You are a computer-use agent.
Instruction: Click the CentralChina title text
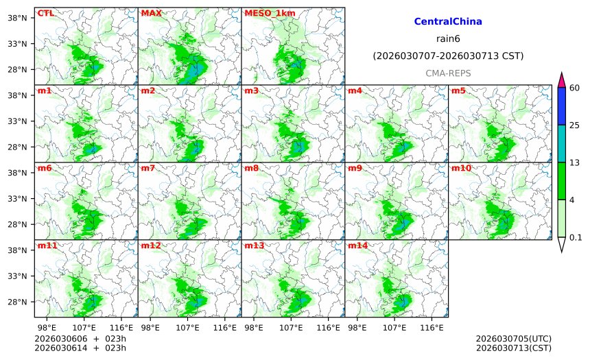pos(448,22)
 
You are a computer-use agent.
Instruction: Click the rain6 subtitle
pos(448,38)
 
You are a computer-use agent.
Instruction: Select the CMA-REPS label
pos(448,73)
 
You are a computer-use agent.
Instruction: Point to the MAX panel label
pos(151,13)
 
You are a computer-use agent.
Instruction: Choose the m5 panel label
pos(458,91)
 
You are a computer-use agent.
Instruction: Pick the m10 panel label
pos(460,168)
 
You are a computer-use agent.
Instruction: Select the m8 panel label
pos(251,168)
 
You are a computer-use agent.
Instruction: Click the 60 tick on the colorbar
pos(576,88)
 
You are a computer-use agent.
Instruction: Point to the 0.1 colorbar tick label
pos(576,237)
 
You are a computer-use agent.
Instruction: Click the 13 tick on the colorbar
pos(576,162)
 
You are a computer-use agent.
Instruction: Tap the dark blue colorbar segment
pos(561,106)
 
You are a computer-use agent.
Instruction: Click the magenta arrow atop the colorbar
pos(561,80)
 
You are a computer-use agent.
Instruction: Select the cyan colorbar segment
pos(561,143)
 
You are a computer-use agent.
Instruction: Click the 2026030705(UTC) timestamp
pos(513,339)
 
